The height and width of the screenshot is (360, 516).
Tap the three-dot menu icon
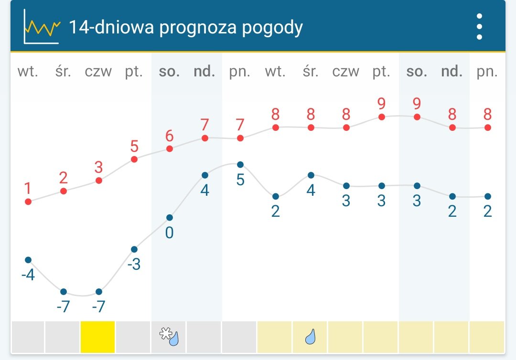tap(479, 27)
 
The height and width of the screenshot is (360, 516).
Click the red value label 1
tap(28, 189)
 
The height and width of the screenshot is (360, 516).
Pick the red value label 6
tap(169, 136)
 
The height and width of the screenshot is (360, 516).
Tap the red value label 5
tap(134, 146)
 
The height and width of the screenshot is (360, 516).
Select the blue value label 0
tap(169, 233)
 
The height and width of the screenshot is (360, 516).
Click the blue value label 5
tap(240, 180)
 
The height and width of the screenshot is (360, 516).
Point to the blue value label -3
tap(134, 264)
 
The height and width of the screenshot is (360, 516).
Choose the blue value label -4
tap(28, 275)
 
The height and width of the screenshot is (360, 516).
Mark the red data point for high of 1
tap(28, 201)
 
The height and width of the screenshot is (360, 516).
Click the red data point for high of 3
tap(99, 180)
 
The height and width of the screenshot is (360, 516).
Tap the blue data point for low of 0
tap(170, 218)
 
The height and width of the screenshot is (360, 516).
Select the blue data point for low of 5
tap(240, 165)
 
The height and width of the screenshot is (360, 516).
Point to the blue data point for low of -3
tap(134, 249)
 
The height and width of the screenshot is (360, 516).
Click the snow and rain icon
tap(169, 337)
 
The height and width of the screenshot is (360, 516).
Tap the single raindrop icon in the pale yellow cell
tap(311, 337)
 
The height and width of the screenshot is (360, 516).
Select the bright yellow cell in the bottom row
tap(98, 337)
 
